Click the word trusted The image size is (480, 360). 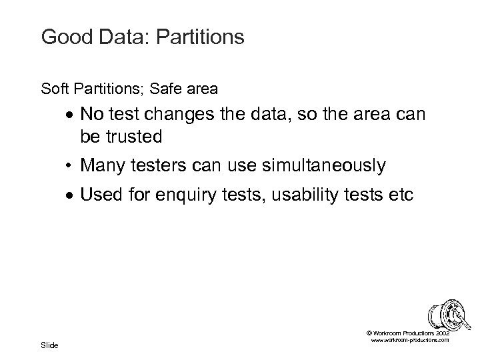click(x=137, y=136)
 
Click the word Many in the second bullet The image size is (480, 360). click(x=101, y=165)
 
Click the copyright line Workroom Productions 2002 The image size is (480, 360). click(x=408, y=333)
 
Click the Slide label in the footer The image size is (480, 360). click(x=49, y=345)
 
